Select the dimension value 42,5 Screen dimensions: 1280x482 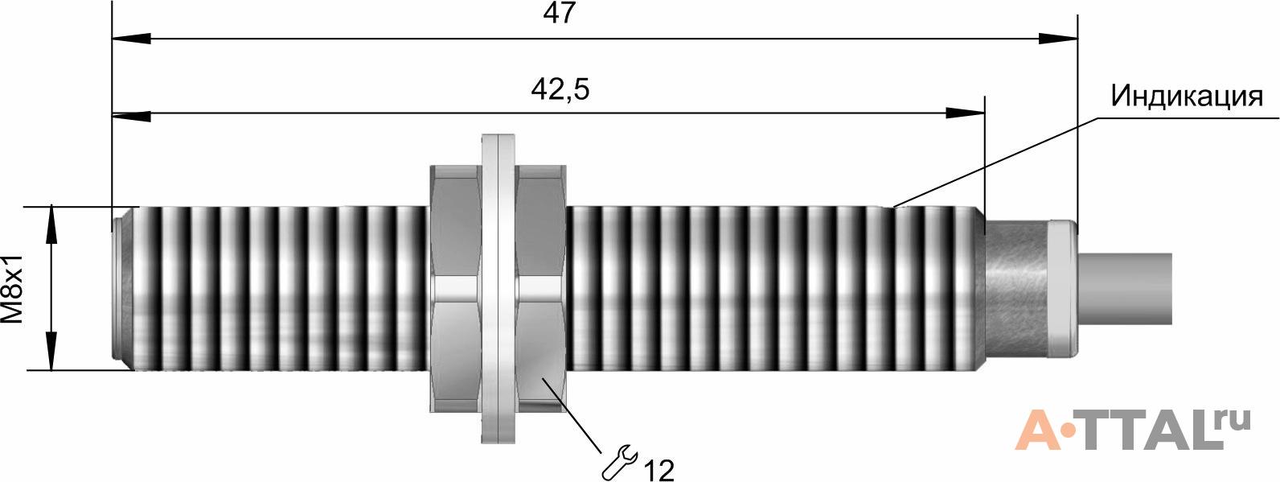(560, 90)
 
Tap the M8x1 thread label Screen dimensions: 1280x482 (13, 289)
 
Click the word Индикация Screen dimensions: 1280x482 (1186, 96)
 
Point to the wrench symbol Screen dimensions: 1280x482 (620, 461)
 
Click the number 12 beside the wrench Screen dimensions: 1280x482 (658, 471)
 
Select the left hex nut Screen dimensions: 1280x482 (454, 289)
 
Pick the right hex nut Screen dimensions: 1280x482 (541, 289)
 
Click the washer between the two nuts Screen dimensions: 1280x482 (498, 289)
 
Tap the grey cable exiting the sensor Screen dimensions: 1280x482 (1125, 290)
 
